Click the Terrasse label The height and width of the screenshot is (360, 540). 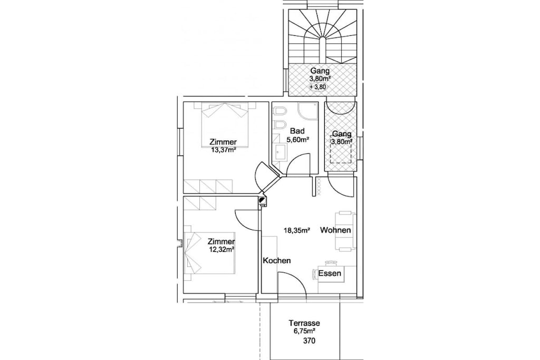coord(304,323)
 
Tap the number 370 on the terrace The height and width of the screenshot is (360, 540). coord(309,341)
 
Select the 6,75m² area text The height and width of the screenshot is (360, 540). coord(304,330)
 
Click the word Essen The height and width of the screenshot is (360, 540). coord(330,273)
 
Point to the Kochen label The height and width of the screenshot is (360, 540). coord(276,260)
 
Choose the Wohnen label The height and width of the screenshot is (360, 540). coord(335,230)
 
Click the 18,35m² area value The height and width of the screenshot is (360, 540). coord(296,230)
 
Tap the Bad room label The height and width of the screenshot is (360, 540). coord(297,131)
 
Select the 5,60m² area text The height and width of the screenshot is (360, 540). coord(297,139)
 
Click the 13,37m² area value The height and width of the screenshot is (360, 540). coord(223,149)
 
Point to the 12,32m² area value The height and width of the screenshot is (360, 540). coord(222,249)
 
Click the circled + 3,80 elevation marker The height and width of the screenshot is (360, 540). coord(317,87)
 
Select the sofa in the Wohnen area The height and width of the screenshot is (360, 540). coord(345,231)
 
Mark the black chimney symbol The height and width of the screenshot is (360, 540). coord(263,201)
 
